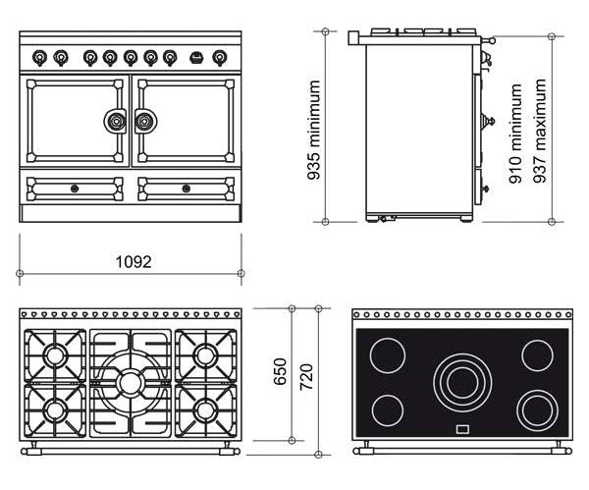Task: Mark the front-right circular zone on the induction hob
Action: click(536, 405)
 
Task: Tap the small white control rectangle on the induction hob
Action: click(460, 429)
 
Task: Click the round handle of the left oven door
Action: click(116, 122)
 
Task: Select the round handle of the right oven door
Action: click(145, 122)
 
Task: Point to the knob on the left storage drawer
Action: click(75, 187)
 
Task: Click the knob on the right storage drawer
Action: click(187, 187)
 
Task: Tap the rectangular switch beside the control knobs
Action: click(198, 57)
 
